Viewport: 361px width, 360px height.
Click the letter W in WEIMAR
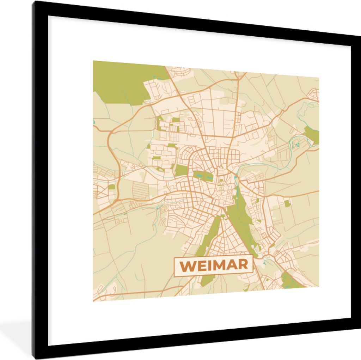(x=188, y=265)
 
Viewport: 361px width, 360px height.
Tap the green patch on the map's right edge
(x=312, y=135)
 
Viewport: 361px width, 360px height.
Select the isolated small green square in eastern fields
(x=287, y=203)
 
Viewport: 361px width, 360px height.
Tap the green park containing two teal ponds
(x=203, y=175)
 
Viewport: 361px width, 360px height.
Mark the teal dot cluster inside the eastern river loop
(x=295, y=145)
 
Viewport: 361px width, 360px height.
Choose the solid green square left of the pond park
(x=181, y=170)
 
